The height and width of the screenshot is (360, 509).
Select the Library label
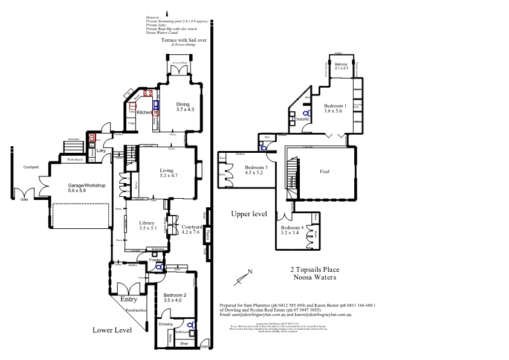[148, 222]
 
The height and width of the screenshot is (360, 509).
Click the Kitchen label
[144, 113]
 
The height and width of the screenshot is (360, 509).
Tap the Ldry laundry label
[100, 150]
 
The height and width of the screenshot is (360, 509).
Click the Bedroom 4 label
[293, 227]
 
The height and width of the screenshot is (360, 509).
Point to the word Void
[325, 172]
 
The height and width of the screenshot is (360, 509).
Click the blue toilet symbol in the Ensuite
[306, 113]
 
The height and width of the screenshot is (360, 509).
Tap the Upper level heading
[249, 214]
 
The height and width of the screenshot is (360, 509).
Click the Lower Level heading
[112, 330]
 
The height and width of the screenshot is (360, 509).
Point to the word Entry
[129, 299]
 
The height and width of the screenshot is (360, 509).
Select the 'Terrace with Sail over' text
[184, 40]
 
